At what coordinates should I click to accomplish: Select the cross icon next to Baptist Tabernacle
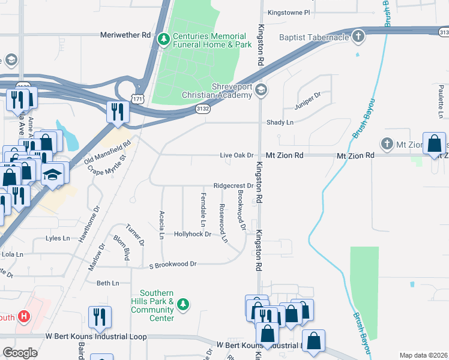pos(358,37)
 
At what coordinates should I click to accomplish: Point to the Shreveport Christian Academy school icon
pos(261,90)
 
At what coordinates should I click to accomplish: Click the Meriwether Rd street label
pos(125,35)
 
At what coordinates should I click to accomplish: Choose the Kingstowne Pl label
pos(289,12)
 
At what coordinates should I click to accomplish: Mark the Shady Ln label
pos(280,122)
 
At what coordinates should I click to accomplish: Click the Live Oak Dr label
pos(237,155)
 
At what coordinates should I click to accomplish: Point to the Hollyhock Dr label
pos(192,234)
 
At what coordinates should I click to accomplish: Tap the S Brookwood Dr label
pos(173,264)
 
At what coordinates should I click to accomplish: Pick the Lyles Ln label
pos(58,239)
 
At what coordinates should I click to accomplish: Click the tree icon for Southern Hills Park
pos(185,305)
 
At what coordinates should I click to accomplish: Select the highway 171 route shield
pos(138,98)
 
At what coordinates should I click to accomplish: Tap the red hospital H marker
pos(24,316)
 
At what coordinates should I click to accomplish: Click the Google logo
pos(20,352)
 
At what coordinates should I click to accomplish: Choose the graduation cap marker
pos(53,174)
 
